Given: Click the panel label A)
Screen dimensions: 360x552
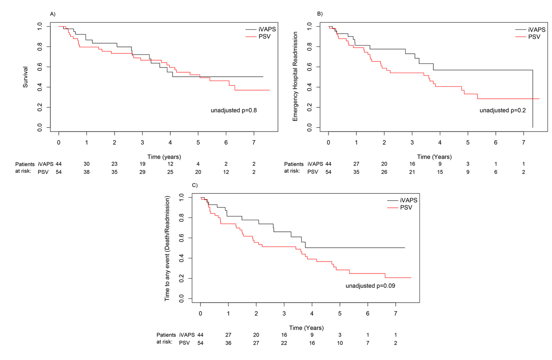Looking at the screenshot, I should (53, 13).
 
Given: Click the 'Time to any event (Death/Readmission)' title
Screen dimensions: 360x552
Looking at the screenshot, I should (169, 249).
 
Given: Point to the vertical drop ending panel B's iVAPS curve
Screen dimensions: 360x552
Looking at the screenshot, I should (533, 99).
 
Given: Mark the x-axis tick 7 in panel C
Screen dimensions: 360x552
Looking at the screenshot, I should (396, 313).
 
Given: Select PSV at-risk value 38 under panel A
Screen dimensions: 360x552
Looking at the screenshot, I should (86, 171).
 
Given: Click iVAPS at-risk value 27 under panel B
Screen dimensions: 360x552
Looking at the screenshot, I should (356, 164).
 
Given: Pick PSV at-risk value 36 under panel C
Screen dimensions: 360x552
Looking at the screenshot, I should (228, 343).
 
